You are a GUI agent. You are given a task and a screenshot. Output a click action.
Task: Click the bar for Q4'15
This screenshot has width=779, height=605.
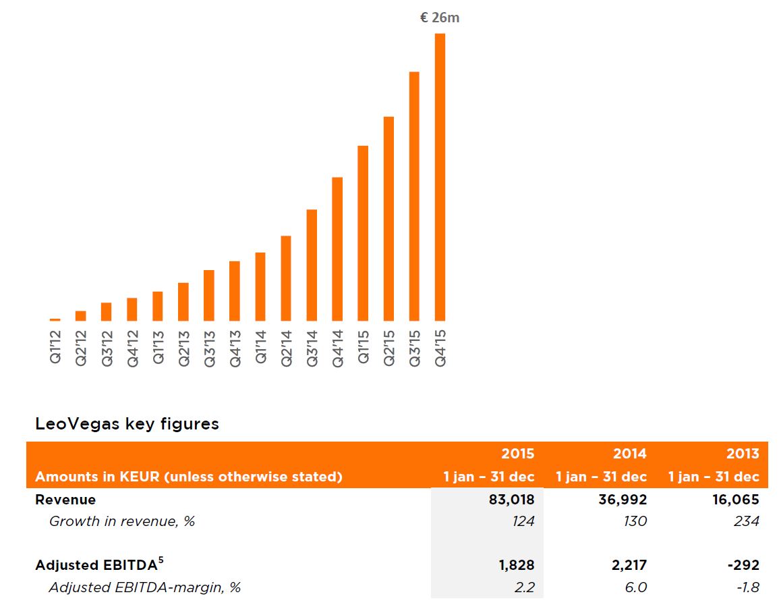440,177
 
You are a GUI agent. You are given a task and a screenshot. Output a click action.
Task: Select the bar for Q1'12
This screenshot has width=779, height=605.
55,319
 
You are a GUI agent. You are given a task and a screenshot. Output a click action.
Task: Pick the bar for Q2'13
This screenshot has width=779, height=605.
183,302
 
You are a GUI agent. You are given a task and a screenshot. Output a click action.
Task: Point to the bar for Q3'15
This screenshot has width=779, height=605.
414,196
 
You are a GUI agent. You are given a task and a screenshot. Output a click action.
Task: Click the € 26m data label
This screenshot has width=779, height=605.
440,18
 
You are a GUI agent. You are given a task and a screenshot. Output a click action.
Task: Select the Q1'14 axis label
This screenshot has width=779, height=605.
261,347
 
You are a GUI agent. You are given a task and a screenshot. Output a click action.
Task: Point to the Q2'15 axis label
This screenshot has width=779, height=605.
389,347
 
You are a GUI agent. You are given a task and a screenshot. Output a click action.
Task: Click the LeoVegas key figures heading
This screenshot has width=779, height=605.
127,424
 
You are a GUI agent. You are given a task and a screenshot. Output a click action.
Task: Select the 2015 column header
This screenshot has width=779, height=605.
517,454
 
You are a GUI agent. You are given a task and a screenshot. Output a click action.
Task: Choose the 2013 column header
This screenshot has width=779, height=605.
743,454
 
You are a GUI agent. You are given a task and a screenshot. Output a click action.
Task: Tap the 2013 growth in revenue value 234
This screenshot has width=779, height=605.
746,521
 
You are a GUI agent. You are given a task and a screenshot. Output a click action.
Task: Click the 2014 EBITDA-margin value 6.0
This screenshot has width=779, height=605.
635,587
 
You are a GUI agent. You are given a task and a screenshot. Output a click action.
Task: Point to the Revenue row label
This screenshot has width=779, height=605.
65,500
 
